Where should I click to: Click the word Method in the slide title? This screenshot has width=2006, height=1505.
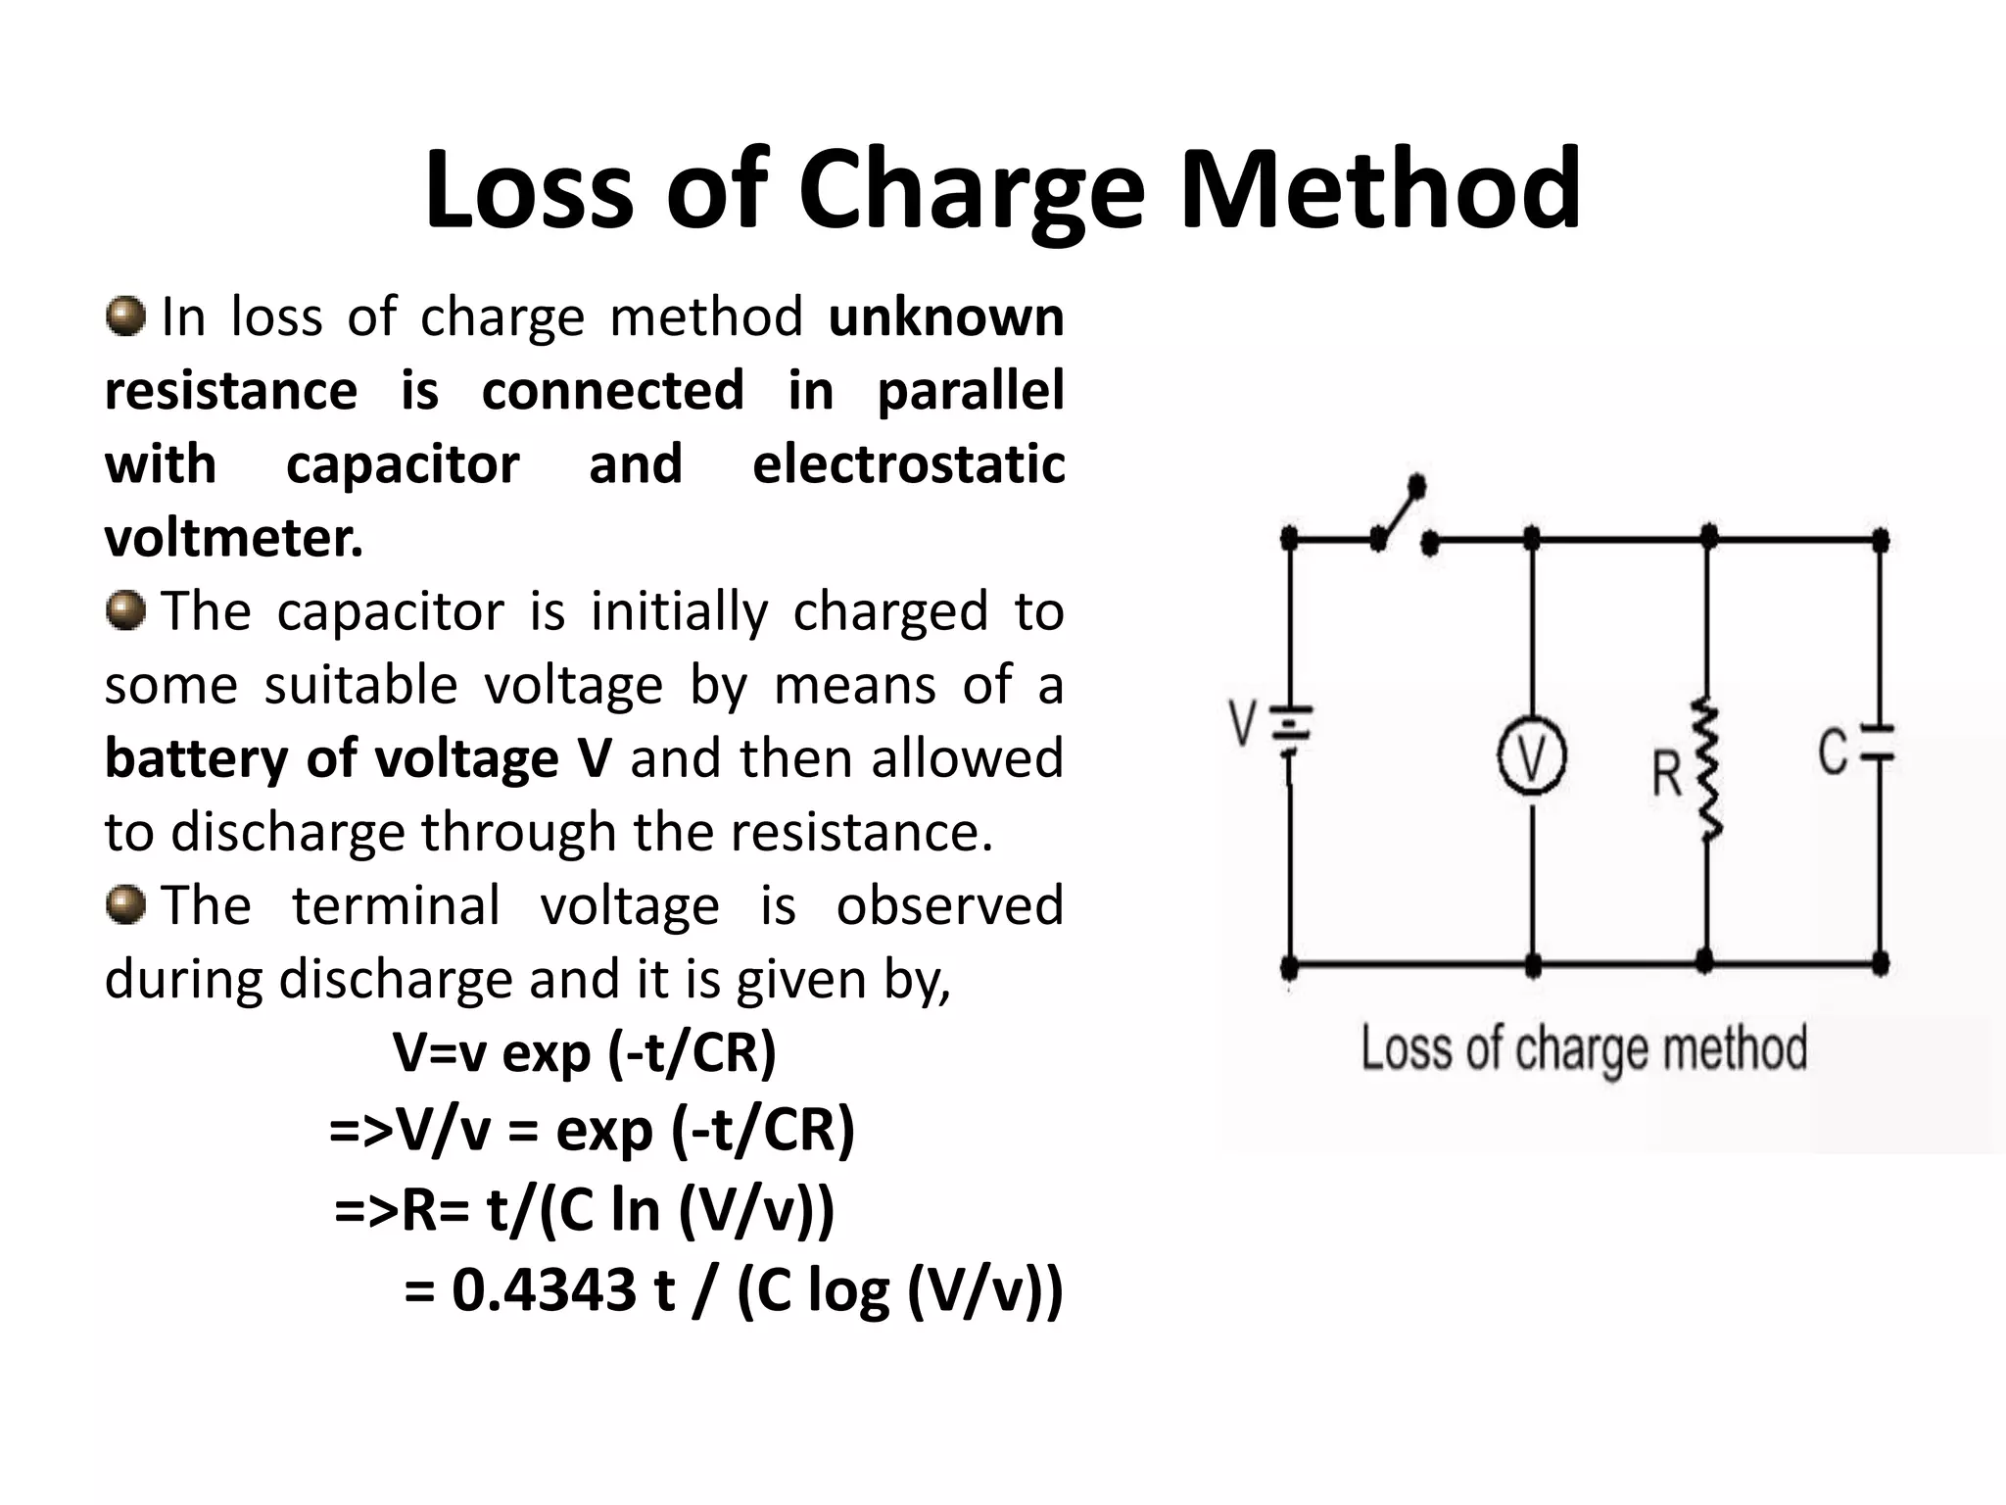(1380, 186)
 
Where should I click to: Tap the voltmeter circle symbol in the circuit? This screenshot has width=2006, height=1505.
(1532, 757)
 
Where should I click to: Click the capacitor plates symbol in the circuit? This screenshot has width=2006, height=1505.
(1878, 744)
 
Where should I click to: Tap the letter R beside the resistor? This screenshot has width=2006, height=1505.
(1666, 773)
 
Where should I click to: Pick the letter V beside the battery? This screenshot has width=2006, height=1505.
(1242, 723)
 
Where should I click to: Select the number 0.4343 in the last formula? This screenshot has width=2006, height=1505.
(544, 1288)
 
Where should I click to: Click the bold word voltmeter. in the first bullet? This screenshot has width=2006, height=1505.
(234, 537)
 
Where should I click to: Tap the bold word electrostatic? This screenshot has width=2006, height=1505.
(908, 463)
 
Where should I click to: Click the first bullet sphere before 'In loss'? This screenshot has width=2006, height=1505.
(125, 316)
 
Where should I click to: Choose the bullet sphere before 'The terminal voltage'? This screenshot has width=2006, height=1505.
(125, 903)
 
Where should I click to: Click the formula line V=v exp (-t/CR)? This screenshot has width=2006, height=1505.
(585, 1053)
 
